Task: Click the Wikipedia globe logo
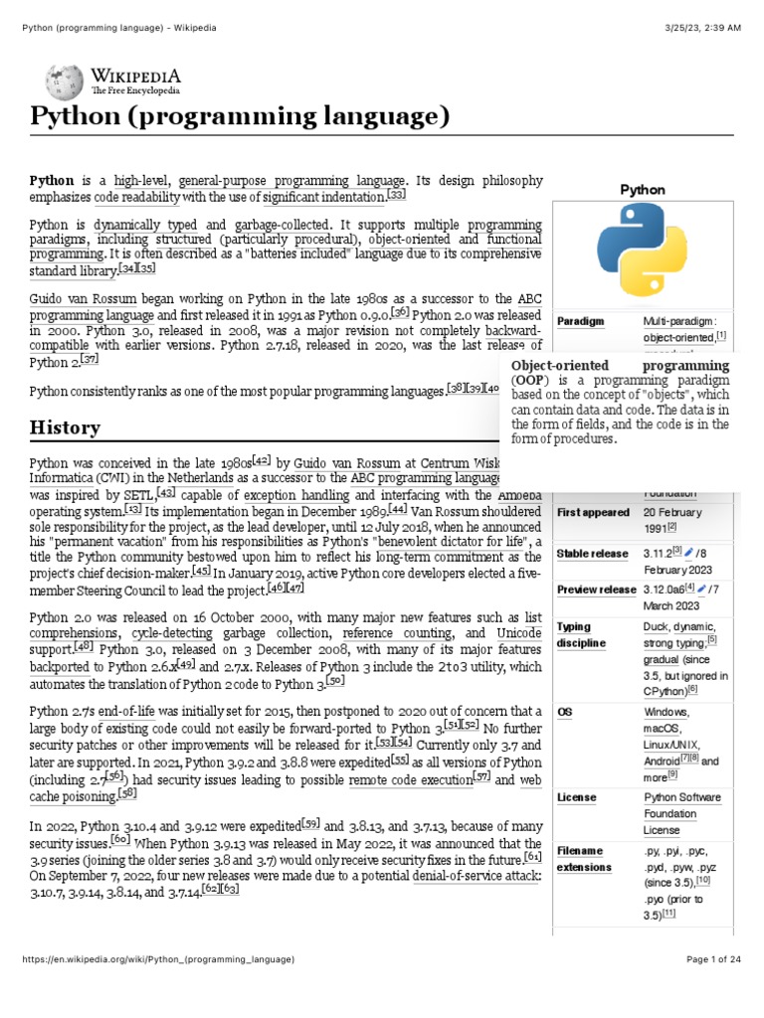64,81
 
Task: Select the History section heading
65,427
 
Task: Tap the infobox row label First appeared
593,512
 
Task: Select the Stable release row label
593,554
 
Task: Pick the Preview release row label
596,590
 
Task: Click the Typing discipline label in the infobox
581,634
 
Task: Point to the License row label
577,797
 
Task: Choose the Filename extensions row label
585,859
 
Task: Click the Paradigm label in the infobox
580,322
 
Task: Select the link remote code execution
410,780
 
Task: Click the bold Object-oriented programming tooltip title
620,366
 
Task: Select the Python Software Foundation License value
681,812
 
